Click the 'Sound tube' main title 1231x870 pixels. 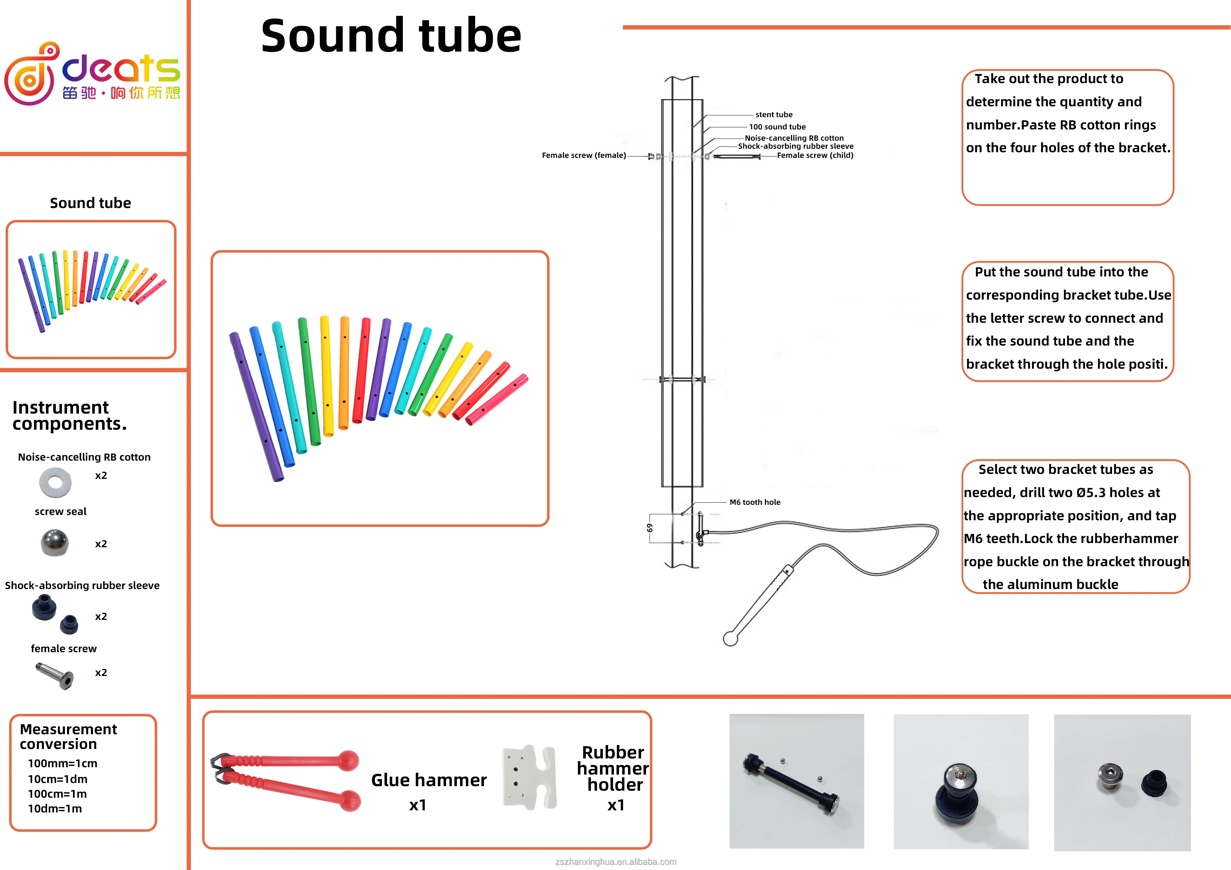tap(391, 36)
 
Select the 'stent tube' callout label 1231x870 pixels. tap(774, 115)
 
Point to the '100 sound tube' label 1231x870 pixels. tap(777, 127)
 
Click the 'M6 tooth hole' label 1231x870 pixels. tap(754, 502)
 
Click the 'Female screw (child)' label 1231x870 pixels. tap(815, 155)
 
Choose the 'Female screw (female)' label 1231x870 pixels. tap(583, 155)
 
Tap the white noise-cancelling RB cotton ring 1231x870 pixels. tap(55, 482)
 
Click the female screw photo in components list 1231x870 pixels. tap(55, 675)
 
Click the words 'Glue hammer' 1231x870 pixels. tap(428, 780)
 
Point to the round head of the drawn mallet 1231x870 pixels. tap(730, 639)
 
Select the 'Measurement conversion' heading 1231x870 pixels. tap(68, 737)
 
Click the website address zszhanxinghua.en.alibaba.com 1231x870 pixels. tap(615, 862)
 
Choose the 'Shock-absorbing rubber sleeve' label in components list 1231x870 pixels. tap(82, 585)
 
